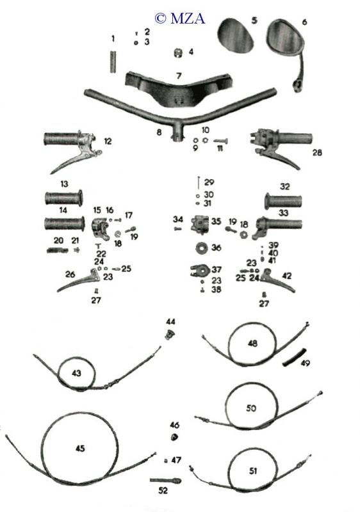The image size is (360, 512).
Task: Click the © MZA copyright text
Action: click(x=179, y=19)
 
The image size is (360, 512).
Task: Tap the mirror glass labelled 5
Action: click(x=235, y=35)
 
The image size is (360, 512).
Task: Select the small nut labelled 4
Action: click(x=177, y=52)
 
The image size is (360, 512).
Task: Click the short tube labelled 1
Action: click(x=113, y=61)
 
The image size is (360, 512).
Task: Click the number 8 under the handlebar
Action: click(x=159, y=132)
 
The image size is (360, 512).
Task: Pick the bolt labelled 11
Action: click(x=220, y=141)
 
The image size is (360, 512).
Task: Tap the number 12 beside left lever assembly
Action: click(x=108, y=141)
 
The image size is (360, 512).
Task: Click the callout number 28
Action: click(x=317, y=152)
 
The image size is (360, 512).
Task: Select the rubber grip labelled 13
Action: click(x=63, y=198)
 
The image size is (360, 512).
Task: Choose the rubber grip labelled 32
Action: click(x=283, y=201)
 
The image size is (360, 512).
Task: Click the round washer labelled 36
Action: click(x=202, y=248)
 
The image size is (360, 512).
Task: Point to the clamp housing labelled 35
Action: click(x=199, y=225)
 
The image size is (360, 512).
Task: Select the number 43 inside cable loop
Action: click(x=76, y=373)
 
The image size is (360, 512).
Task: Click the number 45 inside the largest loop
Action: click(x=80, y=449)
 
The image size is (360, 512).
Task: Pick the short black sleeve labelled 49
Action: click(x=294, y=358)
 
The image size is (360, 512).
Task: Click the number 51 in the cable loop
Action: click(x=253, y=471)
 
